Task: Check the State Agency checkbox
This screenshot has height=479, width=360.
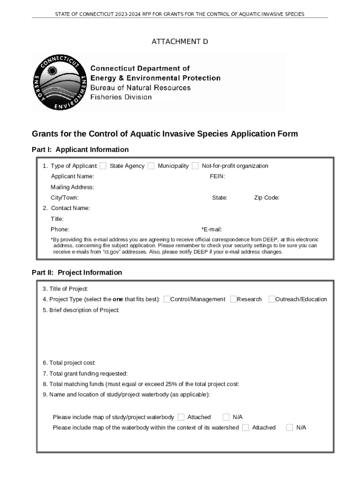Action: pyautogui.click(x=103, y=166)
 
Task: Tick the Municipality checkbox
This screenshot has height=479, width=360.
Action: pyautogui.click(x=151, y=166)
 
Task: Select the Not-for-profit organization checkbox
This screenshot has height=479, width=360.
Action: pyautogui.click(x=195, y=166)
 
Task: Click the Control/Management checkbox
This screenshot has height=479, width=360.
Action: pyautogui.click(x=167, y=299)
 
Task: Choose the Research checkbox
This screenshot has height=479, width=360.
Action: pyautogui.click(x=233, y=299)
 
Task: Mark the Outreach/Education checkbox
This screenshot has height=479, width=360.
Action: pyautogui.click(x=272, y=299)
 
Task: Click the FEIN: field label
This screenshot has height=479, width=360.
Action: pyautogui.click(x=217, y=176)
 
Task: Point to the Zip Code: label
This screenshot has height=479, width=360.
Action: pyautogui.click(x=266, y=198)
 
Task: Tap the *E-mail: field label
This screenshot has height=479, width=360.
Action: pyautogui.click(x=211, y=230)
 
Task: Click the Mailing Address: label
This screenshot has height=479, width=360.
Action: pyautogui.click(x=72, y=187)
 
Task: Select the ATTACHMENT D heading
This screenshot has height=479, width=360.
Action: pyautogui.click(x=180, y=42)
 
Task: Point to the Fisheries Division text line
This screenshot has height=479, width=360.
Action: pyautogui.click(x=121, y=97)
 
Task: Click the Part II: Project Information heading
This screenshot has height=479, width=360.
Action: pyautogui.click(x=77, y=273)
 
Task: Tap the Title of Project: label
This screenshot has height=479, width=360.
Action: pyautogui.click(x=65, y=289)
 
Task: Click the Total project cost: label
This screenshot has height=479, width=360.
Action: pyautogui.click(x=69, y=363)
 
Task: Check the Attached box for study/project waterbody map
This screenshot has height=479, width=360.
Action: pyautogui.click(x=181, y=417)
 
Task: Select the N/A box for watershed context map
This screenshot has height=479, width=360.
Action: pyautogui.click(x=289, y=428)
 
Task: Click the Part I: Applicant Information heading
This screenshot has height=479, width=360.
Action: pyautogui.click(x=80, y=150)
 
